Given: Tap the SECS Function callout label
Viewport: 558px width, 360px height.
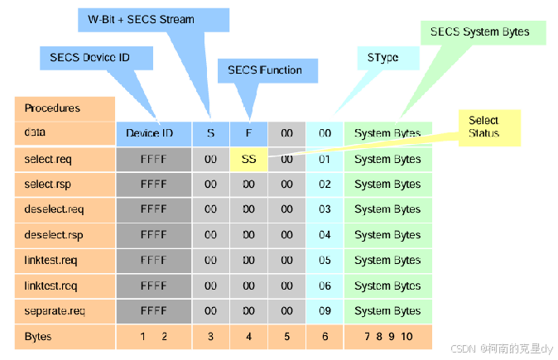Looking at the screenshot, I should (264, 70).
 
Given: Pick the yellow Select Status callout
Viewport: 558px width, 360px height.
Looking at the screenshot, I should (488, 127).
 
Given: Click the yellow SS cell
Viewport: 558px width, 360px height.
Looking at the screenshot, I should (248, 159).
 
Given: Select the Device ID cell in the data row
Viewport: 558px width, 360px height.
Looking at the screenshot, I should (153, 133).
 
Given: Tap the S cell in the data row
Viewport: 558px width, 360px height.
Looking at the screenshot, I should (210, 133).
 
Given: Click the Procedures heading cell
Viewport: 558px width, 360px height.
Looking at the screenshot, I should (65, 108).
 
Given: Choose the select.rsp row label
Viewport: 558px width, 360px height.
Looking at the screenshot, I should (65, 185).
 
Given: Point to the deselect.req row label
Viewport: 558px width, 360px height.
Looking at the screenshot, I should (65, 210).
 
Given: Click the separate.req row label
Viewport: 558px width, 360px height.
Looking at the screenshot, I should (65, 311).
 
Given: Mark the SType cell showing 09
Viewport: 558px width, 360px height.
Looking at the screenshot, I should (325, 311).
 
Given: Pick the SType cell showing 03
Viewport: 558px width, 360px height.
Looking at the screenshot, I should (325, 210).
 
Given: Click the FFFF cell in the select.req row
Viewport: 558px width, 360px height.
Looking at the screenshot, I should (153, 159).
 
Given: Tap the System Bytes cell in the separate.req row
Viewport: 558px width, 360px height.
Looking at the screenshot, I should (387, 311).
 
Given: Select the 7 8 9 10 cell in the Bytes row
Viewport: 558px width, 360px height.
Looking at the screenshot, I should (387, 337).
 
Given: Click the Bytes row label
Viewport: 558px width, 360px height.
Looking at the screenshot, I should (65, 337).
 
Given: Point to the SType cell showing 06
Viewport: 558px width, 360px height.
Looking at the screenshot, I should (325, 286).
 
